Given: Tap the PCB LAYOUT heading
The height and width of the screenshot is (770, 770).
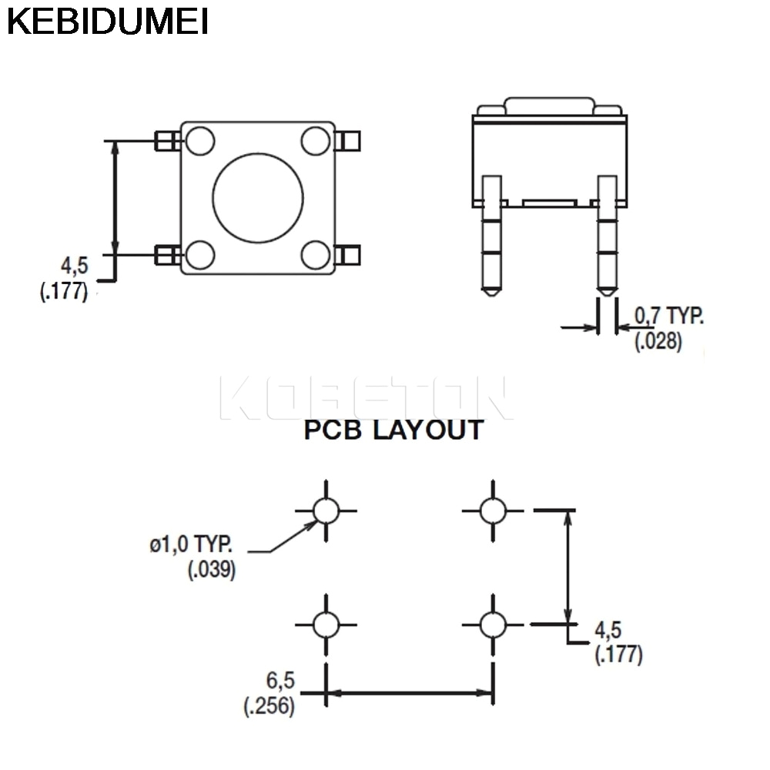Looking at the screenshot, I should tap(393, 430).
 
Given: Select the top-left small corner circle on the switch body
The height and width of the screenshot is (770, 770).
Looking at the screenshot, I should tap(200, 141).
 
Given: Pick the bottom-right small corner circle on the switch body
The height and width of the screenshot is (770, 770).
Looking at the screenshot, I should tap(316, 254).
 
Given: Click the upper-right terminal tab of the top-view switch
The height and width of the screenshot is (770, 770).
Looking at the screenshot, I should tap(350, 141).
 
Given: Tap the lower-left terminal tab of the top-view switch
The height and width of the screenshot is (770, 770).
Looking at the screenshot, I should tap(167, 255).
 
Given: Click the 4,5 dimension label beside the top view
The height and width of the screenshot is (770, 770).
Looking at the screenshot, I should tap(75, 266).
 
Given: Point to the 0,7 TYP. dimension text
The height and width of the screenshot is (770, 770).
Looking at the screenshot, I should tap(668, 315).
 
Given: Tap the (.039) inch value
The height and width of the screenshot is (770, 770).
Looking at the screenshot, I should tap(212, 571).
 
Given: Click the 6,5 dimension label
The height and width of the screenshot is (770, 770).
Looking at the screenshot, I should tap(280, 681).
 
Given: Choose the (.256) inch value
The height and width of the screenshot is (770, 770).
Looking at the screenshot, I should tap(269, 707).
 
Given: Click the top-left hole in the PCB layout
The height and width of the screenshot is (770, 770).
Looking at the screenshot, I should tap(326, 510).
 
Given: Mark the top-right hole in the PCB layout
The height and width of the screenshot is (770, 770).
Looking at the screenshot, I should tap(492, 510).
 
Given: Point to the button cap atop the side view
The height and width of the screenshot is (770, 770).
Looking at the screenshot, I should tap(549, 106).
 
